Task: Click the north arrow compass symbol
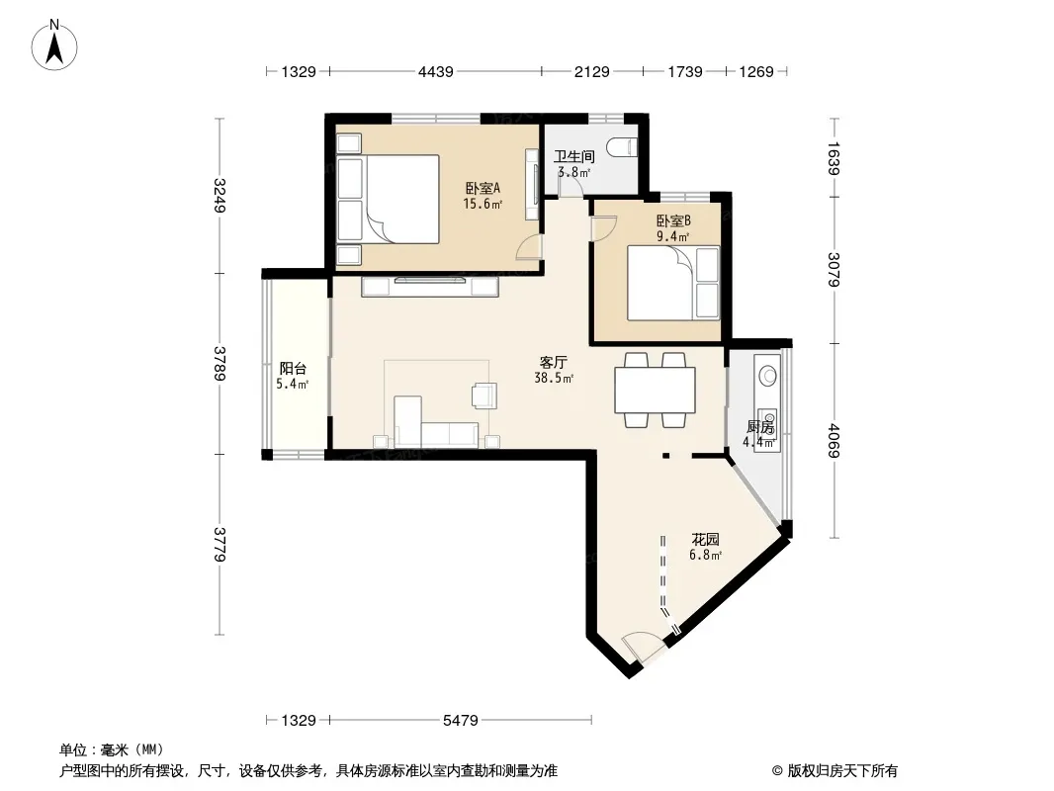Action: tap(54, 44)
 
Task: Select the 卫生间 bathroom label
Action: tap(574, 156)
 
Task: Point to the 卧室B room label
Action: tap(673, 220)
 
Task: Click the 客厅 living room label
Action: tap(554, 363)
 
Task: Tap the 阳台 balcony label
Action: tap(293, 368)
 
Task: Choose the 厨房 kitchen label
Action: tap(760, 427)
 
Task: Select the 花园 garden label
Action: tap(706, 539)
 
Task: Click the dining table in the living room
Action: tap(655, 390)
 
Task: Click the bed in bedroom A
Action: tap(402, 199)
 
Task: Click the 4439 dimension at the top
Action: tap(436, 71)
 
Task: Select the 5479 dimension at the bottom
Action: tap(461, 721)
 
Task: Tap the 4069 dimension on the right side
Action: tap(834, 440)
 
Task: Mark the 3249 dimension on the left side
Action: tap(220, 195)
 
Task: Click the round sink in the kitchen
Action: tap(766, 375)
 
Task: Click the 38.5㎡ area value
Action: tap(554, 379)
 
